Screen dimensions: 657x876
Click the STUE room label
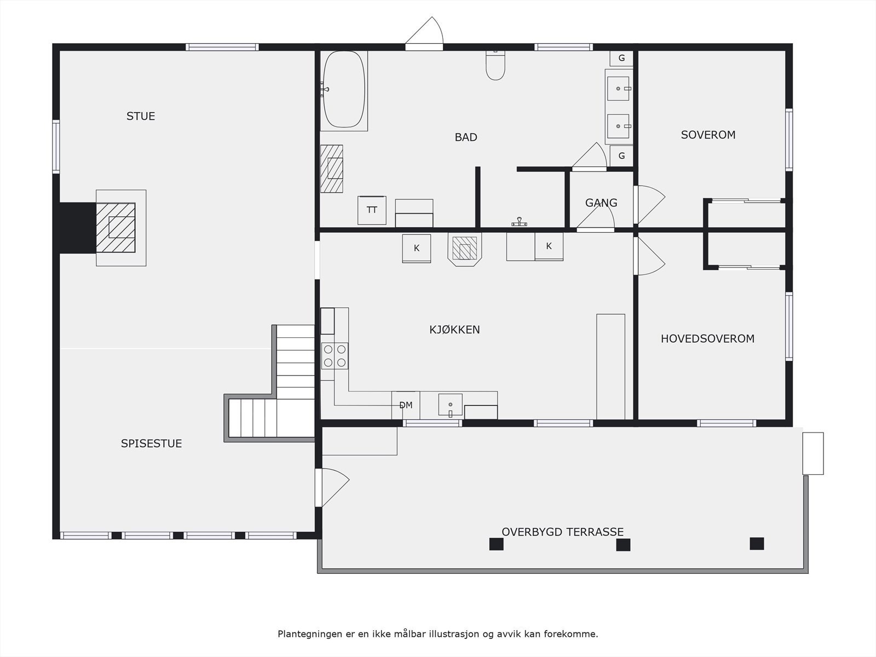[x=141, y=116]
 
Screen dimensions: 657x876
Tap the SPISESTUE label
[x=151, y=443]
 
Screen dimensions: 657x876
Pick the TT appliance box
[x=372, y=210]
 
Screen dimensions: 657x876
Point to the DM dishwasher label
[x=406, y=405]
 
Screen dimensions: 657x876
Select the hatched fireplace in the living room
[x=116, y=227]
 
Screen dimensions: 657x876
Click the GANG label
[x=601, y=203]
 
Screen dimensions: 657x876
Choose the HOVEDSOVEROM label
[x=707, y=339]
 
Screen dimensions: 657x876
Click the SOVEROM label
[x=708, y=135]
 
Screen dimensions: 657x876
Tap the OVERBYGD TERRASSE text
[x=562, y=532]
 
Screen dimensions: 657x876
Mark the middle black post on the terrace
[x=623, y=545]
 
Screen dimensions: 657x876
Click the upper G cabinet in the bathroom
[x=621, y=58]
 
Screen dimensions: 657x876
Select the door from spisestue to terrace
[x=332, y=487]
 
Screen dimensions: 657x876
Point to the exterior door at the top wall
[x=424, y=34]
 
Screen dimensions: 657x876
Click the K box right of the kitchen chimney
[x=549, y=247]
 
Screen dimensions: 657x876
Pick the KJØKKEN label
[x=454, y=330]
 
